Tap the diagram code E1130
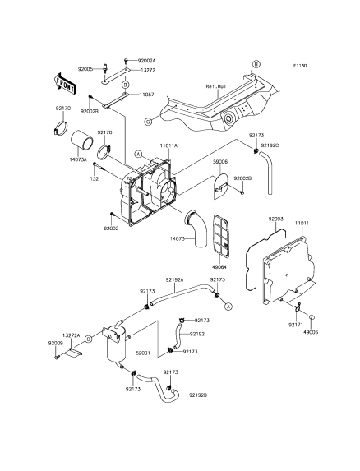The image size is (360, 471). click(x=300, y=66)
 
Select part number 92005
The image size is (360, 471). click(x=85, y=69)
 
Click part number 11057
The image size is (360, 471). click(x=146, y=95)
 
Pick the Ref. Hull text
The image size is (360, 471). click(x=218, y=86)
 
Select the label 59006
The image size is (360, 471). click(x=220, y=162)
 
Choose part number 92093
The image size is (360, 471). click(x=275, y=219)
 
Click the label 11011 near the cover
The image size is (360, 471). click(x=302, y=224)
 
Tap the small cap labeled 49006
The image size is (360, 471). click(x=312, y=316)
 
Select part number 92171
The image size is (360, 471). click(x=296, y=325)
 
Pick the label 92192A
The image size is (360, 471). click(x=174, y=279)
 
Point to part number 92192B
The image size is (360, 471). click(x=198, y=395)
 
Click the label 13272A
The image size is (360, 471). click(x=72, y=335)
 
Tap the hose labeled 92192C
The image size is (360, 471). click(x=267, y=172)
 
